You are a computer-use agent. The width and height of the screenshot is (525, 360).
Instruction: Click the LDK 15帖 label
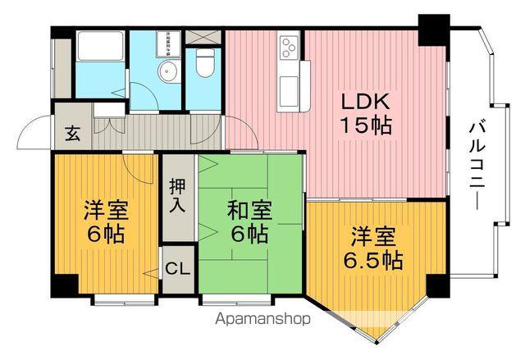[x=367, y=113]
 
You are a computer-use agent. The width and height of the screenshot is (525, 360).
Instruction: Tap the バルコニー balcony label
[x=477, y=164]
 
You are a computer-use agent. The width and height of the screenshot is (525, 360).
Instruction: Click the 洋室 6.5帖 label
[x=372, y=248]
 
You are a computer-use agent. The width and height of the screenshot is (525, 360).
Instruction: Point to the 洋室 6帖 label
[x=104, y=221]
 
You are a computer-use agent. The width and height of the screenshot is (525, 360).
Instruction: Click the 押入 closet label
[x=177, y=195]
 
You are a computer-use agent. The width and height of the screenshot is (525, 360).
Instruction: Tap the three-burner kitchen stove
[x=290, y=49]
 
